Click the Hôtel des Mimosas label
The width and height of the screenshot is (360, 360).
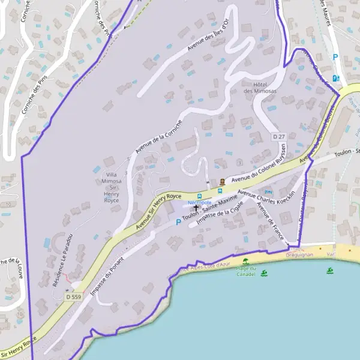click(x=260, y=87)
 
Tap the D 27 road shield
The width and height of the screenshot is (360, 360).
click(x=278, y=137)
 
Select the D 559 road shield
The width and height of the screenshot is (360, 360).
click(x=74, y=296)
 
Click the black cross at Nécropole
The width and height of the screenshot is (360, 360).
click(x=196, y=208)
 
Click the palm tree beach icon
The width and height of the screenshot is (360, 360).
click(x=245, y=262)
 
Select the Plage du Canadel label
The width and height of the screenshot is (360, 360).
click(x=247, y=271)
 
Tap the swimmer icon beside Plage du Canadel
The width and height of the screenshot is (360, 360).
click(x=265, y=273)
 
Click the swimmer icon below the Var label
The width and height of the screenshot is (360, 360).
click(x=330, y=271)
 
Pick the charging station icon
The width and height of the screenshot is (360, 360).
click(x=335, y=77)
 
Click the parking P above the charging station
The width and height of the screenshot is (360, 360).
click(x=335, y=58)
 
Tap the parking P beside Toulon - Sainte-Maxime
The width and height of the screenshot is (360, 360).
click(x=178, y=222)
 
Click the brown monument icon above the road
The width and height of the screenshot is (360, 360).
click(x=223, y=182)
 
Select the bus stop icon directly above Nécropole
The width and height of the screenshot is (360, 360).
click(x=200, y=196)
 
